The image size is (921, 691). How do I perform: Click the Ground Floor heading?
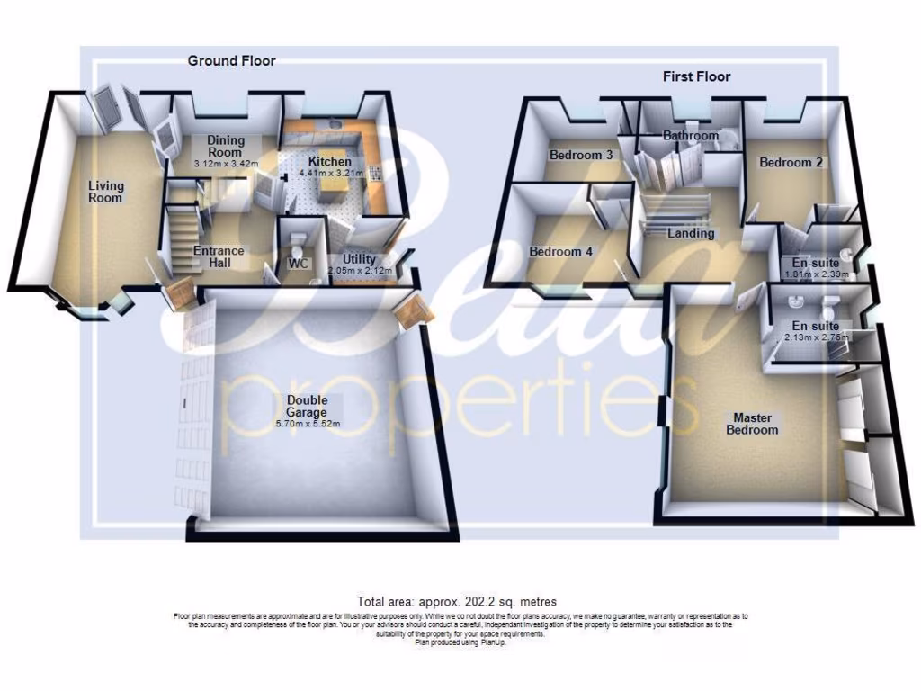coord(231,61)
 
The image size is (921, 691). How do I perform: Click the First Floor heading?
coord(696,77)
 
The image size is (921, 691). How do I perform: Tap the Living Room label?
coord(105,192)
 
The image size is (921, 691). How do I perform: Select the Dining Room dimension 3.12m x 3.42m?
coord(226,164)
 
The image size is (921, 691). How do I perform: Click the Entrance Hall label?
coord(219,256)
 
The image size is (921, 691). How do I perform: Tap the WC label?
coord(298,265)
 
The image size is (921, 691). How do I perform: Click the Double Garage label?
coord(308,406)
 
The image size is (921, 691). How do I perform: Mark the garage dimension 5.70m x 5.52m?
coord(308,424)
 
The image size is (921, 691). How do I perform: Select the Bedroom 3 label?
coord(581,156)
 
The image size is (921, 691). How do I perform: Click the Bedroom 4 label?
coord(560,252)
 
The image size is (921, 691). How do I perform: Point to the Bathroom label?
coord(690,136)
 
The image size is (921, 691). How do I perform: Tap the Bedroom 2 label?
coord(791,163)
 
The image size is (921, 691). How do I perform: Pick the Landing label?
coord(691,234)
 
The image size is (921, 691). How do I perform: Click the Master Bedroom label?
coord(753,424)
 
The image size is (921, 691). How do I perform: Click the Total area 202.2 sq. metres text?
coord(457,602)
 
